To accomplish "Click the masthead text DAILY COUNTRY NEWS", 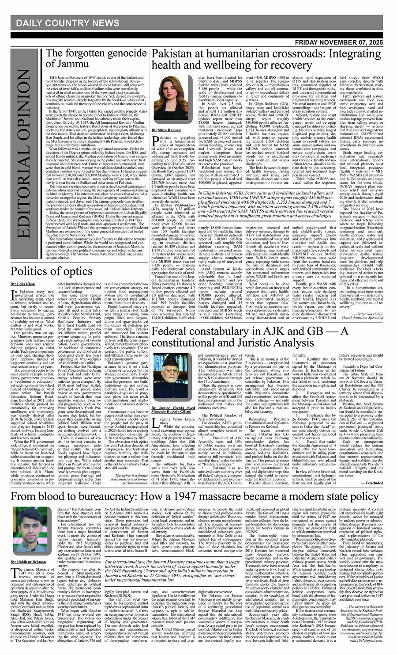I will [67, 23].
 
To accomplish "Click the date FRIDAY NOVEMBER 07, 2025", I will [339, 42].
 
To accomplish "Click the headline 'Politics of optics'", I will [52, 271].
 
